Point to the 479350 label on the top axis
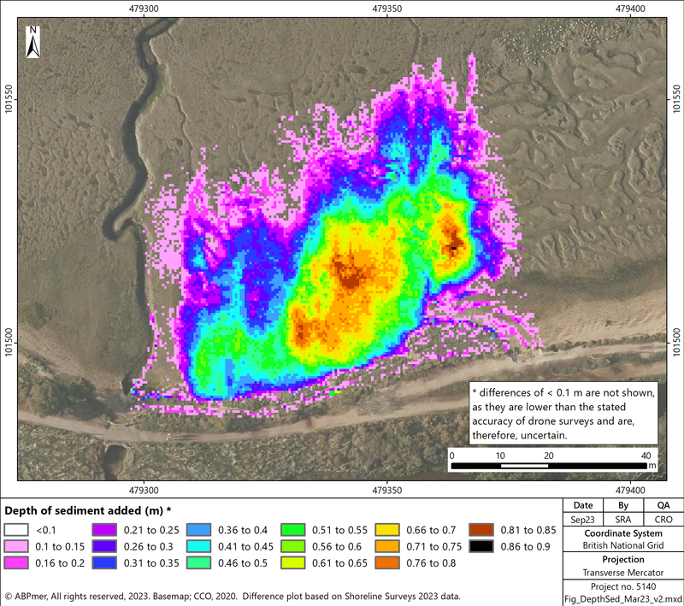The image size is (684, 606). (x=388, y=9)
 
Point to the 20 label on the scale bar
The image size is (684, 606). (x=547, y=456)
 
